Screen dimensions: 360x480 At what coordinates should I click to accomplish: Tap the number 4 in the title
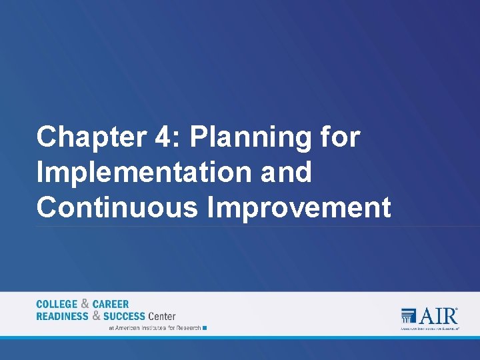point(162,137)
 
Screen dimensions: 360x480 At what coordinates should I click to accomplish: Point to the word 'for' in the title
point(341,137)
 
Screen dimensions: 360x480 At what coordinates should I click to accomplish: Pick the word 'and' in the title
point(286,173)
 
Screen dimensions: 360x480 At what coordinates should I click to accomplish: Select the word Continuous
point(117,207)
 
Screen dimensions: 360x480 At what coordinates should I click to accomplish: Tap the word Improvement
point(299,207)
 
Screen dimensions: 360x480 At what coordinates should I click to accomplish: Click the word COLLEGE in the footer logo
point(57,304)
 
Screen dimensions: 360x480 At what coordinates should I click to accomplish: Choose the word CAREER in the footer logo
point(111,304)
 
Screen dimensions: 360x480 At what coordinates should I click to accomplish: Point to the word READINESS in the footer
point(62,316)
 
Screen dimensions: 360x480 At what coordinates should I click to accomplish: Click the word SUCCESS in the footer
point(124,316)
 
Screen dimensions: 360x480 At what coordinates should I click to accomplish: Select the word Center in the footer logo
point(162,316)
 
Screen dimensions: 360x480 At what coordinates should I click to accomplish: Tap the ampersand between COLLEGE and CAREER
point(85,304)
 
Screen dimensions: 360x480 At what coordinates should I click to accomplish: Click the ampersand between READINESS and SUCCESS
point(96,316)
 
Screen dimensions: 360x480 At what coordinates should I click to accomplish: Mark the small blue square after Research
point(205,328)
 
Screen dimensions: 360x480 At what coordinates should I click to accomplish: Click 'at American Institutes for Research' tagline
point(154,328)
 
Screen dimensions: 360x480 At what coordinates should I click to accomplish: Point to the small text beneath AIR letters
point(429,329)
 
